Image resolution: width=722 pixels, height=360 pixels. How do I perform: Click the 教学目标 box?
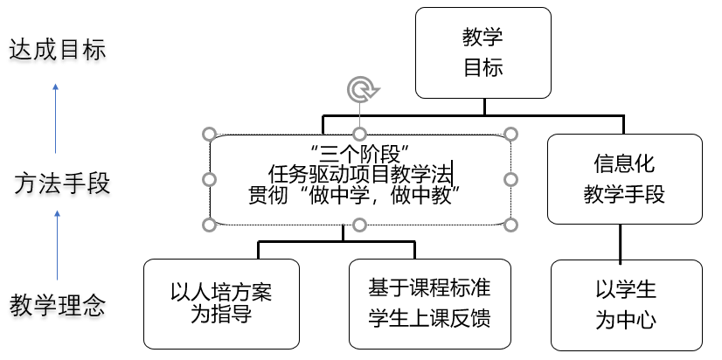click(x=482, y=52)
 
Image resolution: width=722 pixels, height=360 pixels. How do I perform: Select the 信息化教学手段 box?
click(x=624, y=178)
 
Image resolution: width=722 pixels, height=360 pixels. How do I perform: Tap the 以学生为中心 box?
click(x=625, y=303)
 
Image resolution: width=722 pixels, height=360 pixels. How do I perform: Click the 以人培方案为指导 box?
click(x=220, y=302)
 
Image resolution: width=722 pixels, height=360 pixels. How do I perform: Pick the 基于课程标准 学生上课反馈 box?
click(x=429, y=302)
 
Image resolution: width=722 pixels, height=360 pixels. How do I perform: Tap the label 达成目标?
click(x=57, y=50)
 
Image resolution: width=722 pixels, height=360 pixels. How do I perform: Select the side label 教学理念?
click(x=58, y=306)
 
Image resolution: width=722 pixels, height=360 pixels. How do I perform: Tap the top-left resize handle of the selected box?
click(x=209, y=135)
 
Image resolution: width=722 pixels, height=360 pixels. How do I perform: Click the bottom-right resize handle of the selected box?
click(x=512, y=225)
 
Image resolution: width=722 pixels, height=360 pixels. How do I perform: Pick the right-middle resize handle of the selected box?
click(x=512, y=179)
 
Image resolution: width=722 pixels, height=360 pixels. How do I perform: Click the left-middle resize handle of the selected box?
click(x=209, y=179)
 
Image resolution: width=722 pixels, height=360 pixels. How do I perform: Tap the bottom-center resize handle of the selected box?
click(x=360, y=225)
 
